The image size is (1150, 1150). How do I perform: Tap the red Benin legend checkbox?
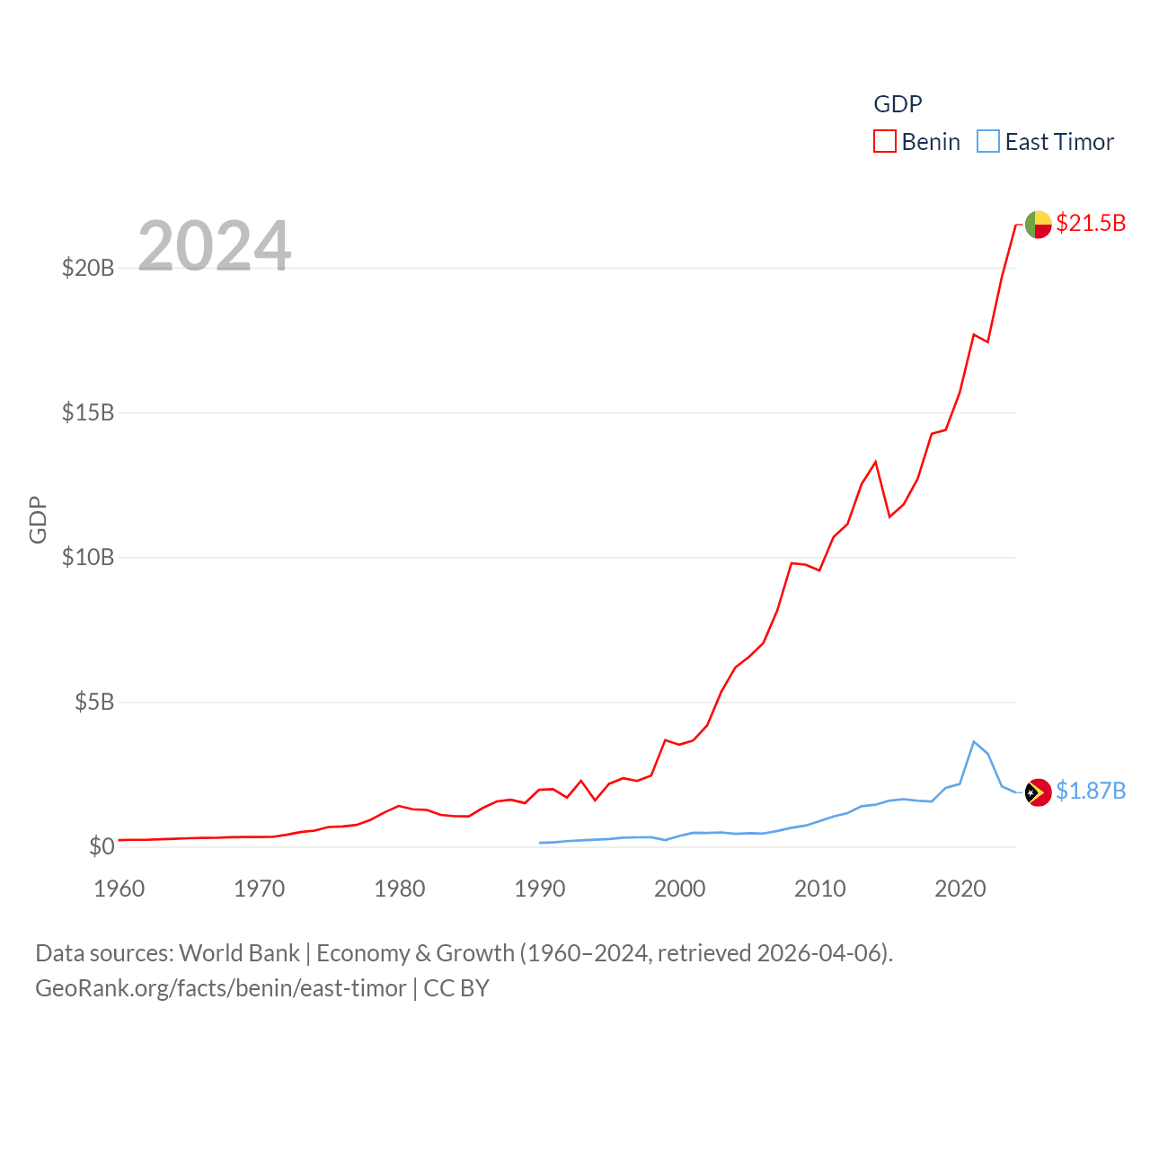(885, 142)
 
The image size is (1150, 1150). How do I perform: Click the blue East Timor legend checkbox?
(988, 142)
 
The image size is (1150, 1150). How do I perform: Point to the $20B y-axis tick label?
(88, 268)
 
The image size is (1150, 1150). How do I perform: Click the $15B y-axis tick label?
(88, 412)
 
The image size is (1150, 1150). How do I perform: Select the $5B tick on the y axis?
(94, 702)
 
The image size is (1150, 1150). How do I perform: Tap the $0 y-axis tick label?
(102, 846)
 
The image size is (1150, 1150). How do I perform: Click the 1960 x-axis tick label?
(119, 889)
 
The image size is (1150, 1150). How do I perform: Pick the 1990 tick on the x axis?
(540, 889)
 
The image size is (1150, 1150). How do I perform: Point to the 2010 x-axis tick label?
(820, 889)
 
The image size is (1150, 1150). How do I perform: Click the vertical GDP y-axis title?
(38, 519)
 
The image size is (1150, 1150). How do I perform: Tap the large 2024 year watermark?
(215, 245)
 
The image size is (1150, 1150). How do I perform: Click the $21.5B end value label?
(1091, 223)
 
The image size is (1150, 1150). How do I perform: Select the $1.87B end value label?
(1091, 791)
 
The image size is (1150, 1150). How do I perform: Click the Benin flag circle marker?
(1039, 225)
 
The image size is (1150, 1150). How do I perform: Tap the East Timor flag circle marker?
(1039, 792)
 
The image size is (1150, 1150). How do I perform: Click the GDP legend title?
(898, 104)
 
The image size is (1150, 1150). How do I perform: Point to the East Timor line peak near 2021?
(974, 741)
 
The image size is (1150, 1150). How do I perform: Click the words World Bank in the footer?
(239, 952)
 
